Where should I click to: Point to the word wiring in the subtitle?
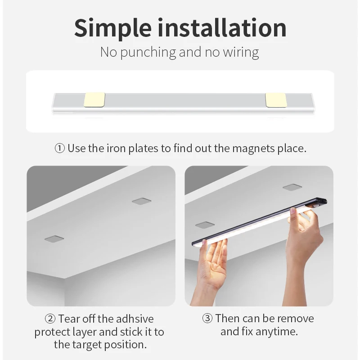(241, 52)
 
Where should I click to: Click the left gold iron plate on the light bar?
(95, 100)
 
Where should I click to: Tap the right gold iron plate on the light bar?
(276, 100)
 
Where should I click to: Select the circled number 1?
(59, 148)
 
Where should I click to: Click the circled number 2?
(50, 319)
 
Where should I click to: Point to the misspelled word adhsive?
(135, 319)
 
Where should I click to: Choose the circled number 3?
(207, 319)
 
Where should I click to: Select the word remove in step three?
(295, 319)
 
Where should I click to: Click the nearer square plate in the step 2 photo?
(54, 238)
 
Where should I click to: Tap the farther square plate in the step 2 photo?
(141, 201)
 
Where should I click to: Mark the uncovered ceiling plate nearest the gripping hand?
(292, 187)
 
